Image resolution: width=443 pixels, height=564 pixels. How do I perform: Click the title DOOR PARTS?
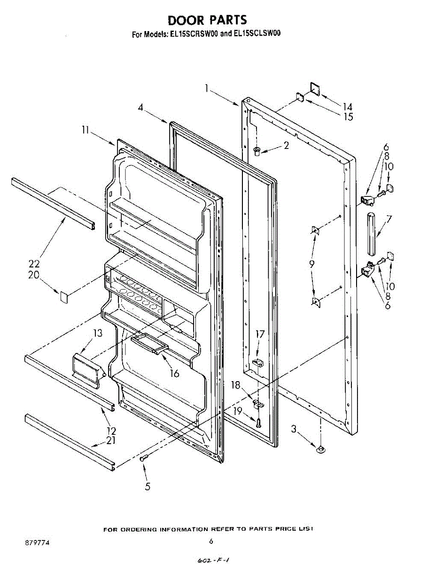click(207, 20)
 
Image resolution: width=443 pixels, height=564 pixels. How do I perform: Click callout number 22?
click(34, 264)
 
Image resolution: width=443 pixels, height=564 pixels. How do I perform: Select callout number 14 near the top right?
click(347, 107)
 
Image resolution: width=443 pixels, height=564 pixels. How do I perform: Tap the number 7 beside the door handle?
click(389, 219)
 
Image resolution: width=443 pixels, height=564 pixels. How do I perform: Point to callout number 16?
click(175, 374)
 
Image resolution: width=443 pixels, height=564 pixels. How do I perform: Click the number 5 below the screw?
click(148, 487)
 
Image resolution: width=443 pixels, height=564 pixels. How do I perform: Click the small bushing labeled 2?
click(257, 151)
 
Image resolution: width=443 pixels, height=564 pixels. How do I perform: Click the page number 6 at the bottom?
click(211, 541)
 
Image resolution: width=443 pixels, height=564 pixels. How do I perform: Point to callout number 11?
click(85, 131)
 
